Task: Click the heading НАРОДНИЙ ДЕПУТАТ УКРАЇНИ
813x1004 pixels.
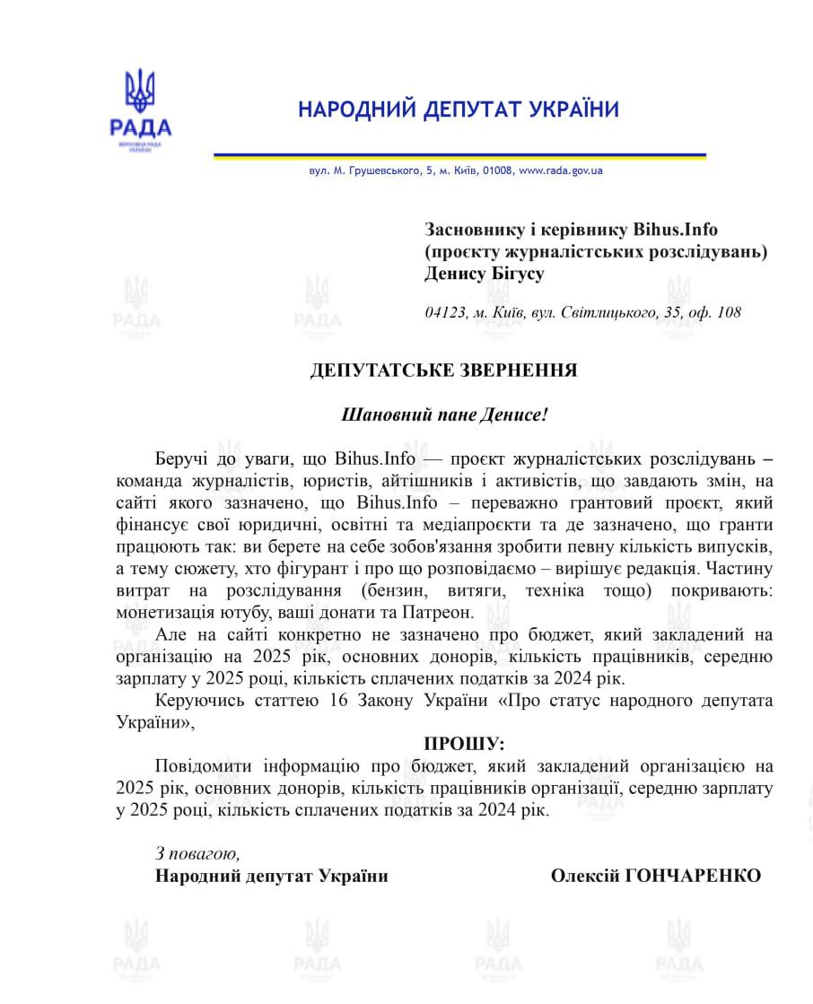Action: (459, 110)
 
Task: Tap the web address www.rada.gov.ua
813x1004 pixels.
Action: (560, 170)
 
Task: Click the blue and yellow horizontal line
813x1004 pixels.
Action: (459, 157)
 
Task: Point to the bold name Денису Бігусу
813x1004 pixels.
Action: (485, 274)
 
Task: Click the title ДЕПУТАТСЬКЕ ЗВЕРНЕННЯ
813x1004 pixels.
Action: (444, 371)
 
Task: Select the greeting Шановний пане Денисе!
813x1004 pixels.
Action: (444, 415)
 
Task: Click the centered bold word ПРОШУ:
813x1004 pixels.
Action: (464, 744)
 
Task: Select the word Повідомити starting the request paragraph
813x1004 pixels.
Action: (204, 766)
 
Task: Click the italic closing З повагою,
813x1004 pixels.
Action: (197, 853)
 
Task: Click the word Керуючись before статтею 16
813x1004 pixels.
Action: (199, 700)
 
